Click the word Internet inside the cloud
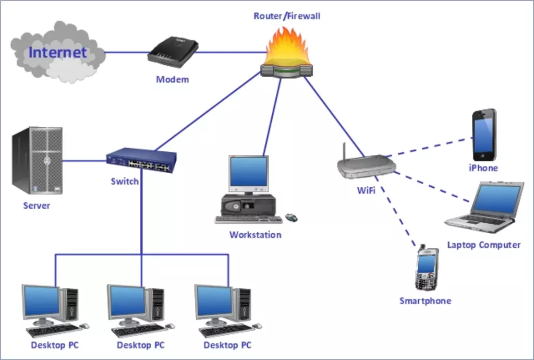[x=57, y=52]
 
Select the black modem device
[x=173, y=52]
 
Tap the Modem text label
[x=173, y=80]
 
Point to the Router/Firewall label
[x=287, y=16]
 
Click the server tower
[x=38, y=160]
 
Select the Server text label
[x=37, y=206]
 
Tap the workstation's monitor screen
[x=249, y=172]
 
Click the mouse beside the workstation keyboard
[x=292, y=217]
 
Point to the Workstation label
[x=255, y=235]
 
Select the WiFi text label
[x=366, y=190]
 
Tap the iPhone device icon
[x=484, y=135]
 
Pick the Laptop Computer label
[x=483, y=245]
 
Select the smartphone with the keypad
[x=427, y=269]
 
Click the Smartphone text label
[x=425, y=301]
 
